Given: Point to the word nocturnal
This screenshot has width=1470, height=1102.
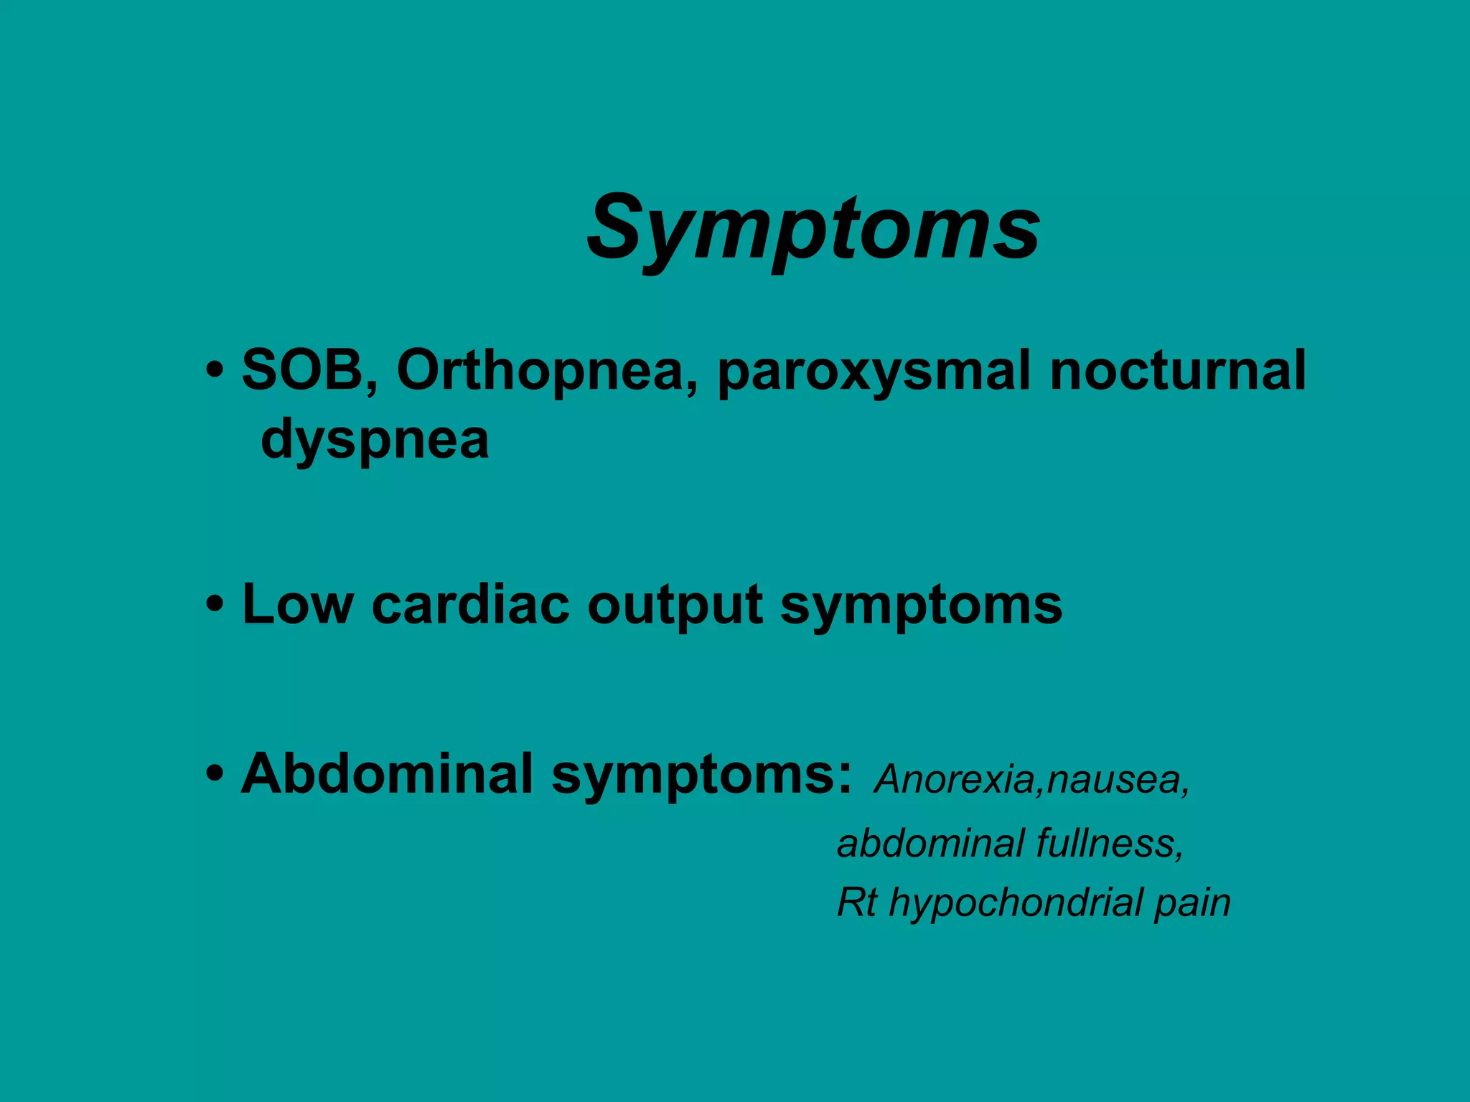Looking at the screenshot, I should [x=1177, y=370].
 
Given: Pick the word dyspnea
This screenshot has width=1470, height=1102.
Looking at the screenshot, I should [x=375, y=440].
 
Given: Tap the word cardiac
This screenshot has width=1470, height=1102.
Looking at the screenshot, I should [x=470, y=604].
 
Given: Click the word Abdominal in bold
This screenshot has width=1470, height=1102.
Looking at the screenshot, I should [x=387, y=774].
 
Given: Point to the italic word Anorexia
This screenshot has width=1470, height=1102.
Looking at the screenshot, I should [x=953, y=779].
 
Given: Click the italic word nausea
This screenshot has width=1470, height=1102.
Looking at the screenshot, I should [x=1117, y=781].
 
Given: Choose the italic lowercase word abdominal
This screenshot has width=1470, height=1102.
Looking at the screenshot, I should [x=930, y=843].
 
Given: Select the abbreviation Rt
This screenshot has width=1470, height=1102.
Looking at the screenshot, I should [x=857, y=903].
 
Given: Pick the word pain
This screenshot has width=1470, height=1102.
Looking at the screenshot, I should [x=1192, y=904].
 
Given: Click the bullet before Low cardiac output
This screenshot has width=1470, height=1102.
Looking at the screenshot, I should [x=213, y=606].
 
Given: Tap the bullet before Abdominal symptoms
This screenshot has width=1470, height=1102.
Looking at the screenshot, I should [x=213, y=776].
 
